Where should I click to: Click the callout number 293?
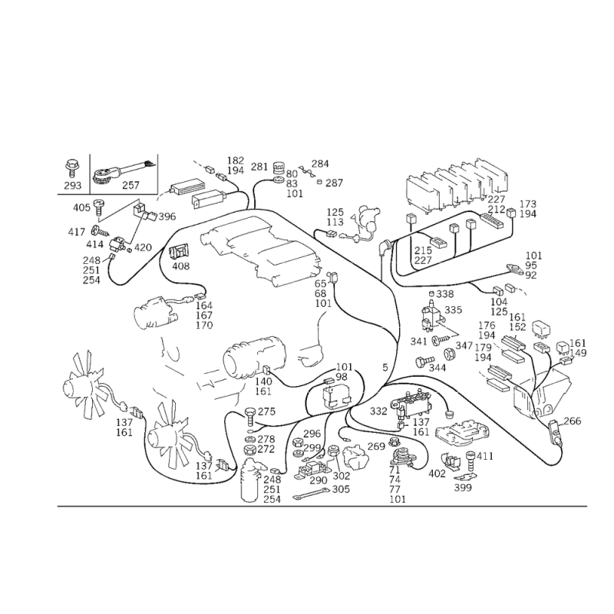pyautogui.click(x=72, y=185)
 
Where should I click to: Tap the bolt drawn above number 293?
pyautogui.click(x=72, y=168)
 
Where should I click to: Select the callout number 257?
pyautogui.click(x=130, y=185)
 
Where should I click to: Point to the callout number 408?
pyautogui.click(x=181, y=266)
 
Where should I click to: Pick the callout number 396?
pyautogui.click(x=167, y=216)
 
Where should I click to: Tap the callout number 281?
pyautogui.click(x=259, y=167)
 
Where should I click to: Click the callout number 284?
pyautogui.click(x=320, y=163)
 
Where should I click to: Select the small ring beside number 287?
pyautogui.click(x=319, y=182)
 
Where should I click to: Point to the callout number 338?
pyautogui.click(x=445, y=294)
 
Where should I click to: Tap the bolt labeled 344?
pyautogui.click(x=425, y=361)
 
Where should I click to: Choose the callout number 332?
pyautogui.click(x=378, y=411)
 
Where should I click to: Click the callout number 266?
pyautogui.click(x=572, y=421)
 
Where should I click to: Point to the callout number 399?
pyautogui.click(x=463, y=487)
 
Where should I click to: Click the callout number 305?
pyautogui.click(x=341, y=490)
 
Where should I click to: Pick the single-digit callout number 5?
pyautogui.click(x=385, y=368)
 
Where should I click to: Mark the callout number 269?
pyautogui.click(x=376, y=447)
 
